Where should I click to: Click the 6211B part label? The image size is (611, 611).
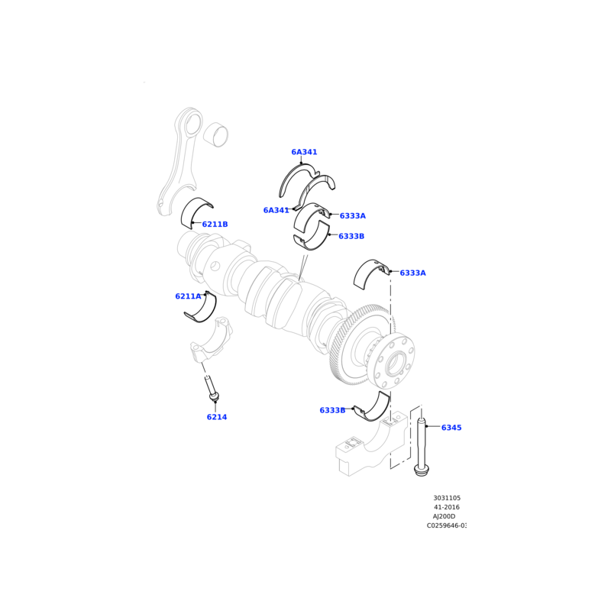pyautogui.click(x=215, y=225)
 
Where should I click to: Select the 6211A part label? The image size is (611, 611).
pyautogui.click(x=188, y=296)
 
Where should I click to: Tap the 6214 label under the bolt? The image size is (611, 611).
pyautogui.click(x=217, y=417)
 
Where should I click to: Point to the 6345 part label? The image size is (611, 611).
pyautogui.click(x=451, y=428)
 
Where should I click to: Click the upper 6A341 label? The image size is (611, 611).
pyautogui.click(x=304, y=152)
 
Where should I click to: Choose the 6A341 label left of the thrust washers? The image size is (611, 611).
pyautogui.click(x=276, y=211)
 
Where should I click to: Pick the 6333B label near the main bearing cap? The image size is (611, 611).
pyautogui.click(x=332, y=410)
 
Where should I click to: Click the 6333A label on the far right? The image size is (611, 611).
pyautogui.click(x=412, y=273)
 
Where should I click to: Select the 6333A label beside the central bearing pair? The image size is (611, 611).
pyautogui.click(x=353, y=216)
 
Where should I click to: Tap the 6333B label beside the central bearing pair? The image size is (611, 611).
pyautogui.click(x=351, y=236)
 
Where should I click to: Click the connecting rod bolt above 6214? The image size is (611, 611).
pyautogui.click(x=212, y=389)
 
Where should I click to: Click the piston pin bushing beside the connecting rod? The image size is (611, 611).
pyautogui.click(x=216, y=134)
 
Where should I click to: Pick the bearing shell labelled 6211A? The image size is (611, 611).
pyautogui.click(x=201, y=308)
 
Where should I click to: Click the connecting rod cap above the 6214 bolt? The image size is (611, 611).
pyautogui.click(x=212, y=339)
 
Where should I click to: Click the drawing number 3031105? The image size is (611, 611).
pyautogui.click(x=447, y=498)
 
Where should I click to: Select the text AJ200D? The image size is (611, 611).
pyautogui.click(x=445, y=516)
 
